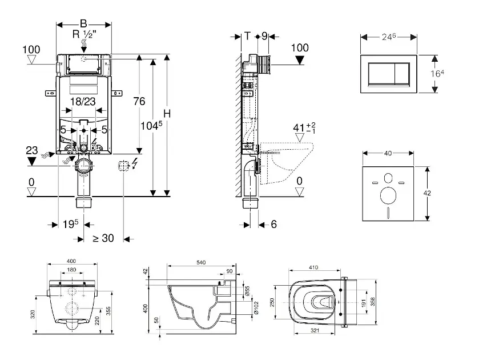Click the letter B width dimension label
[83, 23]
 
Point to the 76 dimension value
[139, 102]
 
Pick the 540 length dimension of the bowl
[201, 262]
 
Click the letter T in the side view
[247, 36]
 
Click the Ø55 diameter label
[247, 290]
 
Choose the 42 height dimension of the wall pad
[426, 193]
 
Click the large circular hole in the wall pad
[388, 195]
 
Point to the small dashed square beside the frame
[122, 166]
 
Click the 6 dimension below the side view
[273, 225]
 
